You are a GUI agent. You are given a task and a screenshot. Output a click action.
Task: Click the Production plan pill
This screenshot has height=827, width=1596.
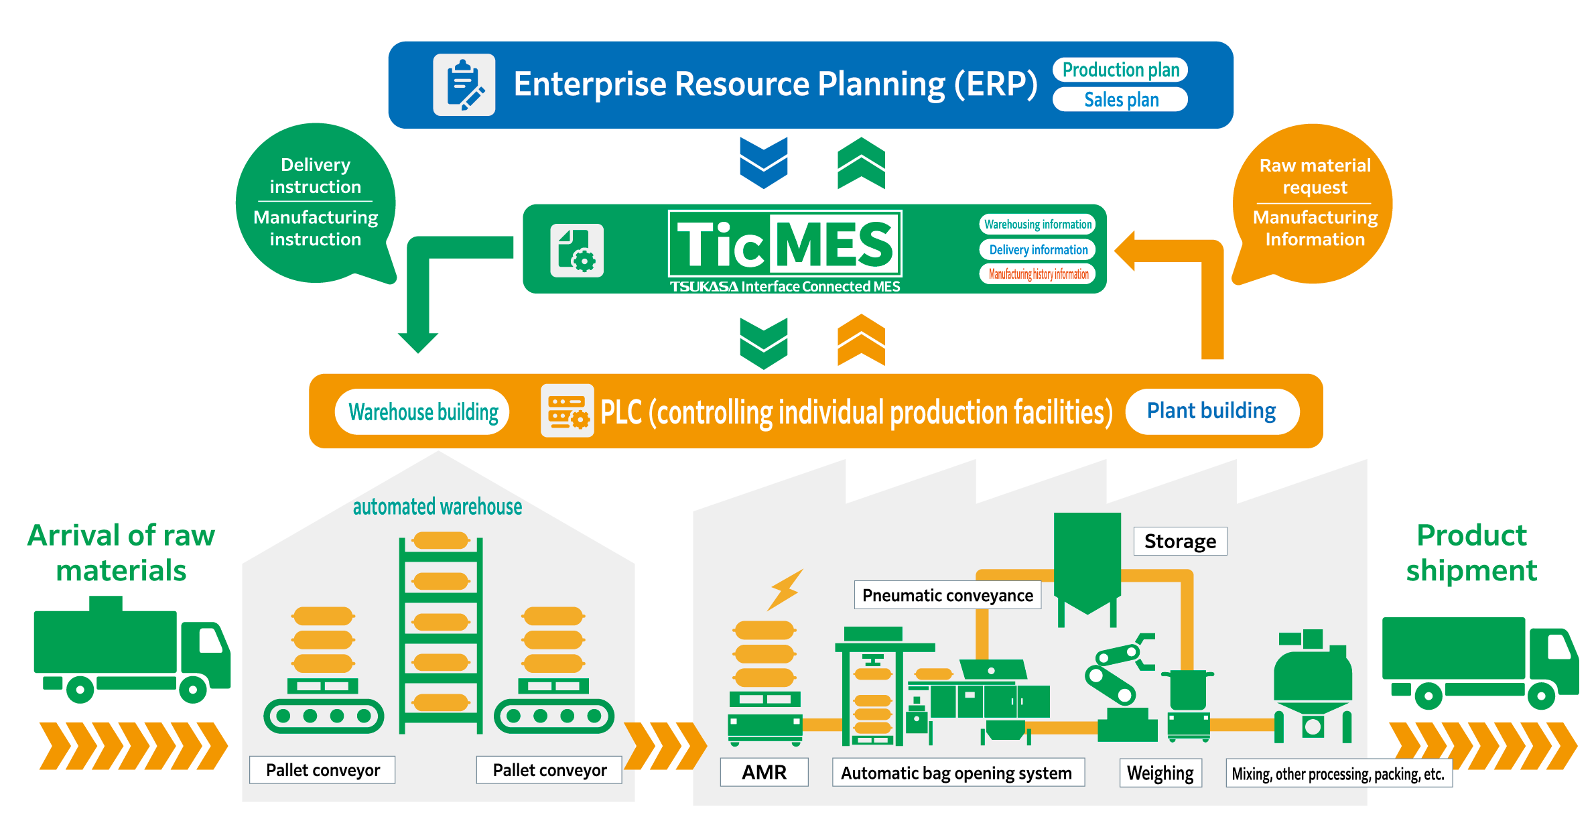(1120, 70)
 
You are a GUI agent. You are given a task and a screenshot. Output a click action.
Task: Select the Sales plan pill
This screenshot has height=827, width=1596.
(1120, 100)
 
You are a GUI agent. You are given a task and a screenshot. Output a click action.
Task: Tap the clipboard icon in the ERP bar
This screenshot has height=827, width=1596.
(464, 85)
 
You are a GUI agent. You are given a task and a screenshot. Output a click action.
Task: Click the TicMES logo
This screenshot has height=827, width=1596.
(785, 245)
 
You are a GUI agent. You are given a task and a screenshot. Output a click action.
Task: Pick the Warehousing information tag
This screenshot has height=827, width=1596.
(1037, 225)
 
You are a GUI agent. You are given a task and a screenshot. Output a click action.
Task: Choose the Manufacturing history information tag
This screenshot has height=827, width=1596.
(1038, 274)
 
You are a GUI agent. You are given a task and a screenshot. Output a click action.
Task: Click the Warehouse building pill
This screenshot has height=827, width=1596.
(423, 411)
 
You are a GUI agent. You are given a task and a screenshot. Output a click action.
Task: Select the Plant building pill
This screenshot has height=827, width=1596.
(1211, 411)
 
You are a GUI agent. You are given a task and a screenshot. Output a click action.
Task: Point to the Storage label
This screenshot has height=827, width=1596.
(1180, 542)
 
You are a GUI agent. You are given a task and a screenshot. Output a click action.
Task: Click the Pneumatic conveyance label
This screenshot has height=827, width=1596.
(947, 595)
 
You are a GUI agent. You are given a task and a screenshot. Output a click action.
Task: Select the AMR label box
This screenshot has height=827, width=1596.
(764, 772)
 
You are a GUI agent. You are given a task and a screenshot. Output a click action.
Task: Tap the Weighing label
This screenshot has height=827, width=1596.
(1160, 773)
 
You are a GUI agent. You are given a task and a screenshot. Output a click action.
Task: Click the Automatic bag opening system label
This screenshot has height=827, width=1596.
(956, 773)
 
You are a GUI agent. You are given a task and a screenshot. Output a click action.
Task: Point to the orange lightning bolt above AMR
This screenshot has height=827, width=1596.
(785, 589)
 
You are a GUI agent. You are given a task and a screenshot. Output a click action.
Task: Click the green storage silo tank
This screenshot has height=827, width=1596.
(1087, 563)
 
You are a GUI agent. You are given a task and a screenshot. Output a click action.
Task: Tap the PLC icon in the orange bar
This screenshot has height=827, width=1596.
(567, 411)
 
